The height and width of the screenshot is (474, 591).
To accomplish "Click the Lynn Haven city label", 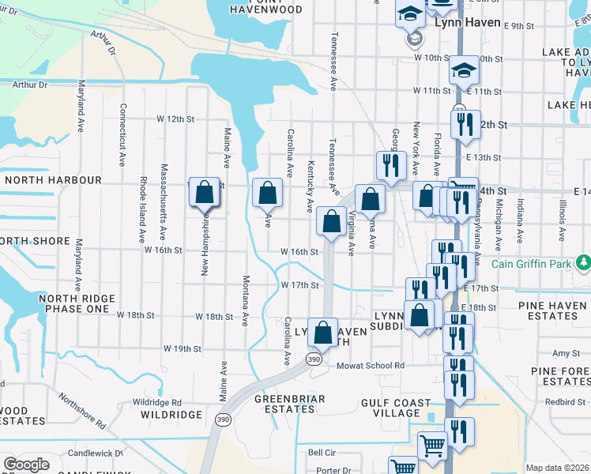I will pos(468,22).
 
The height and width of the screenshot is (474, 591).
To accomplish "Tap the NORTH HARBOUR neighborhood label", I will pos(52,180).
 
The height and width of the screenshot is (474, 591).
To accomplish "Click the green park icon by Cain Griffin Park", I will pos(583,261).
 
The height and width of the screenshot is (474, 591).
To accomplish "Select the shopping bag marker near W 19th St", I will pos(322,332).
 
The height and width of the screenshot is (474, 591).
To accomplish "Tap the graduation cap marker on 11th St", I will pos(465,71).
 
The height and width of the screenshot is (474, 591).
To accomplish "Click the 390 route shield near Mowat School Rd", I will pos(313,359).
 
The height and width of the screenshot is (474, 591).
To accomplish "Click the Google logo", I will pos(27,465).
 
